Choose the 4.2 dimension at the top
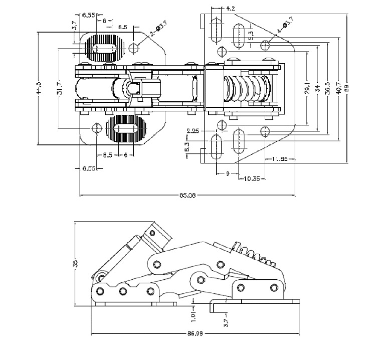[231, 9]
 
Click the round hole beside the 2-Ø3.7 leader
[134, 48]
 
